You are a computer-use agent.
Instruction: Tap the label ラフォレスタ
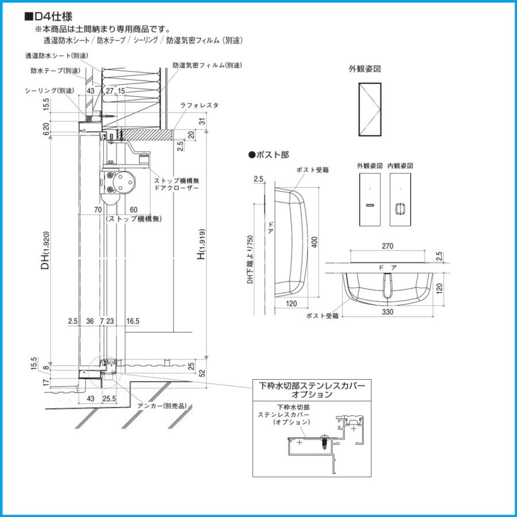coord(199,106)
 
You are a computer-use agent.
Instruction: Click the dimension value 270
coord(387,246)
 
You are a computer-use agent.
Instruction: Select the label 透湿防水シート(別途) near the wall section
coord(56,56)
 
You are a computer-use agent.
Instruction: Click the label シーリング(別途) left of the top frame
coord(49,91)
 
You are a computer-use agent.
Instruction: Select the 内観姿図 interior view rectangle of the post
coord(401,199)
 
